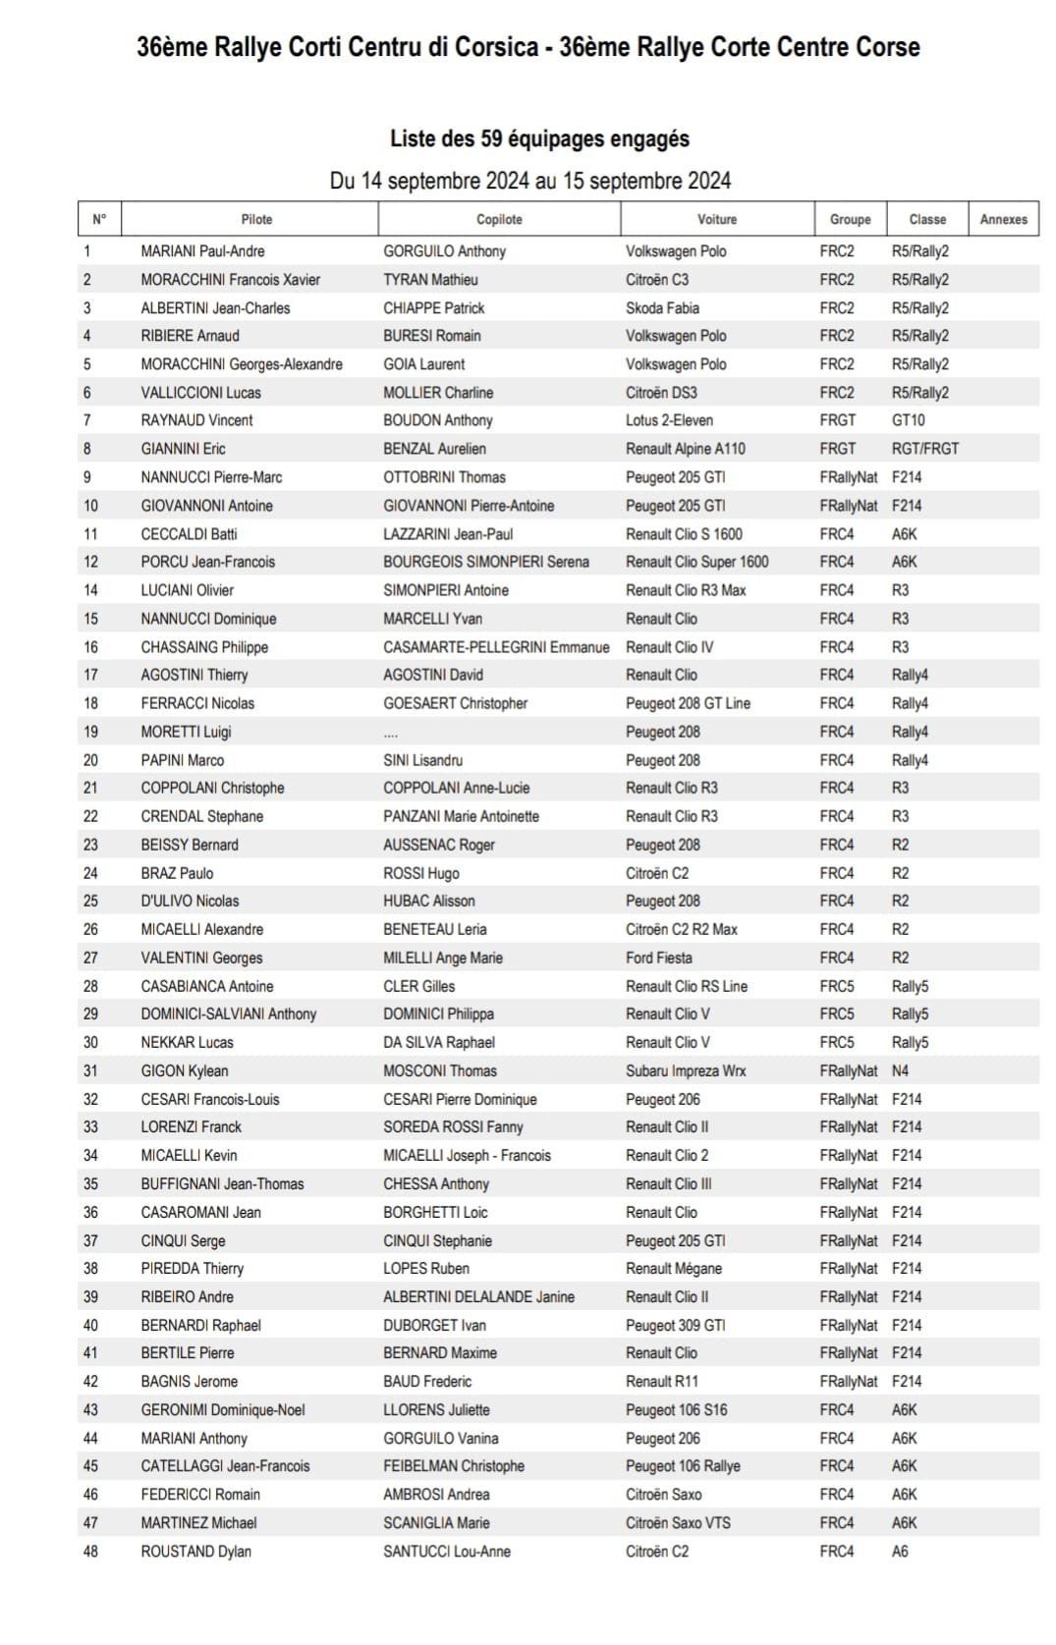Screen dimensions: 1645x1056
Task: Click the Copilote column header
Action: (499, 219)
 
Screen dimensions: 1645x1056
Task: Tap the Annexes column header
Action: (1003, 219)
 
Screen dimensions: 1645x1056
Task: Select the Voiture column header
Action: (717, 219)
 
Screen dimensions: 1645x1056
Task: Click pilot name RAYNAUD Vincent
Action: (196, 420)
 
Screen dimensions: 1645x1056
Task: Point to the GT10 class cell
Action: (908, 420)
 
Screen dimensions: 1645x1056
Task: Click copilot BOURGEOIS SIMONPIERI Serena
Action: (486, 562)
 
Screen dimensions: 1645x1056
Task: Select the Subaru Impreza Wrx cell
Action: (686, 1070)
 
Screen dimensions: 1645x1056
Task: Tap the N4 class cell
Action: (901, 1070)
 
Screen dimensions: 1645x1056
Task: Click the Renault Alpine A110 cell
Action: (686, 449)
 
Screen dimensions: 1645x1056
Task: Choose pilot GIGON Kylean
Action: (185, 1070)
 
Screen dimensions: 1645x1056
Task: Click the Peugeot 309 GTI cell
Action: (676, 1325)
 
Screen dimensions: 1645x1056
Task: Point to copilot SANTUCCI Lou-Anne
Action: (447, 1552)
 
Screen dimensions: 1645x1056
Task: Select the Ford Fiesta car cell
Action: (659, 958)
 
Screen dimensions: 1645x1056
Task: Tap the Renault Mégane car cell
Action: (674, 1268)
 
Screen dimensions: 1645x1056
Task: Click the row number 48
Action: (90, 1552)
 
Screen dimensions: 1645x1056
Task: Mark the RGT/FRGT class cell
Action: (925, 449)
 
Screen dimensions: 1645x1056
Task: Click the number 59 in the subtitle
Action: (491, 138)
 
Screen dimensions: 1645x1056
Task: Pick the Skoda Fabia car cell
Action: (663, 307)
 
